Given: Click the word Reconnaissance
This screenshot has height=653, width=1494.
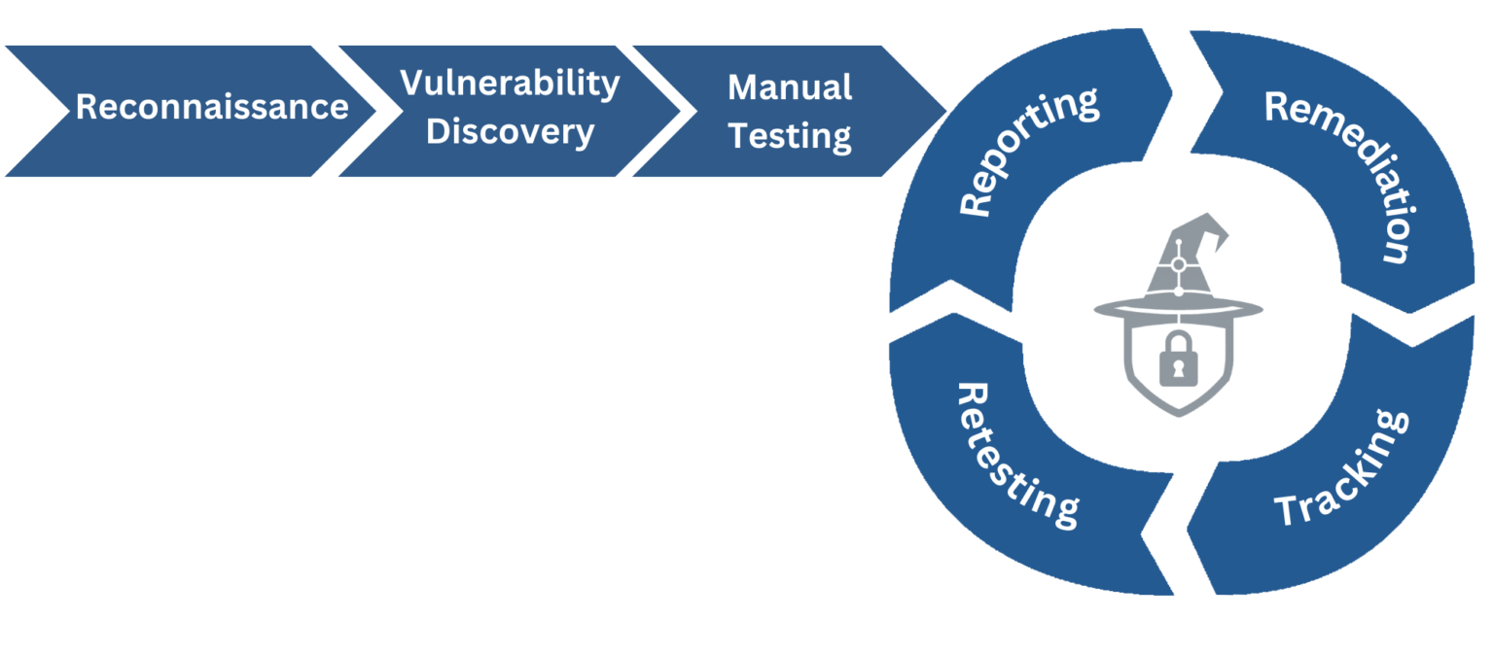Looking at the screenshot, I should point(212,107).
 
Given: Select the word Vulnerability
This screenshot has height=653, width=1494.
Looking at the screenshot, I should point(510,84).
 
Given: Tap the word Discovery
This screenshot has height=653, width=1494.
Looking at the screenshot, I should point(510,131).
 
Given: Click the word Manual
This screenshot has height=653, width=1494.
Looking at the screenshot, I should point(790,87).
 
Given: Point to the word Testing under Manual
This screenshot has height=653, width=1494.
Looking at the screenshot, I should point(790,136).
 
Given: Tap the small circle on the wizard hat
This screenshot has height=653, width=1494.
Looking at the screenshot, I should point(1178,264).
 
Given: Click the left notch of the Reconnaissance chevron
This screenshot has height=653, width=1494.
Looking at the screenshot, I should point(44,110).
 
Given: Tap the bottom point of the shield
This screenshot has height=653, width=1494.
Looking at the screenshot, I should point(1178,416).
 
